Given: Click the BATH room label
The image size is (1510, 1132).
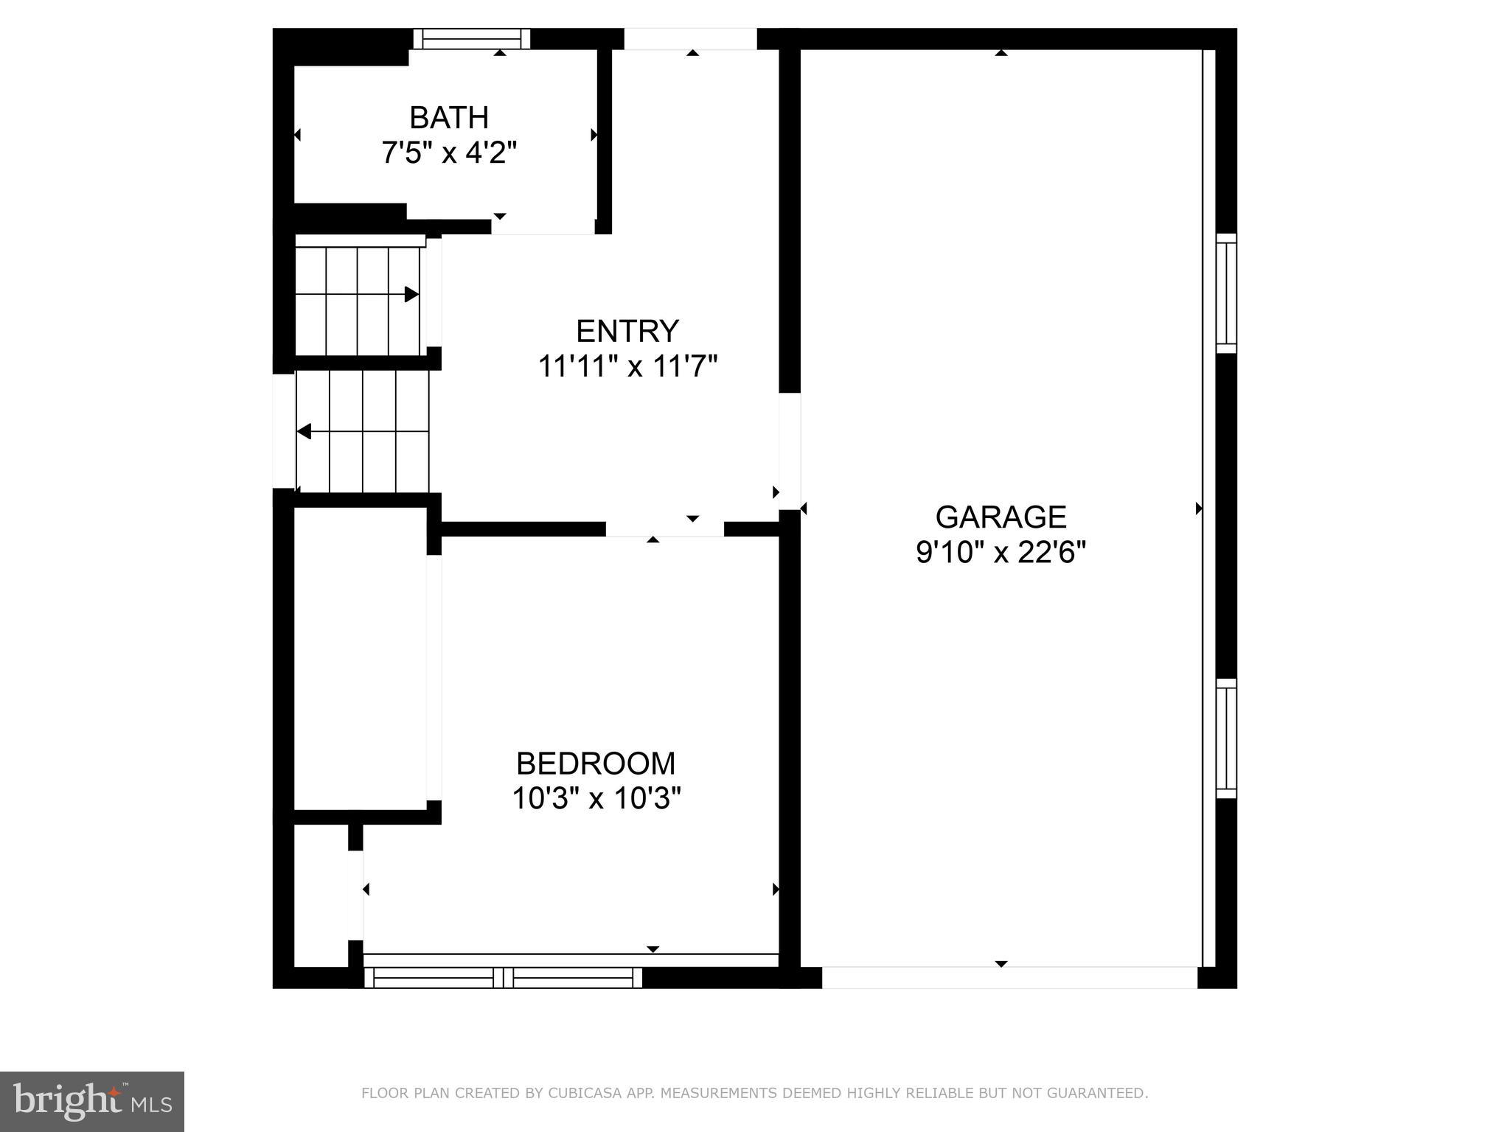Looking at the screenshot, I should click(x=448, y=118).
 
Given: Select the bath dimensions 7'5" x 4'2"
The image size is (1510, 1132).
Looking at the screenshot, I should click(x=448, y=153).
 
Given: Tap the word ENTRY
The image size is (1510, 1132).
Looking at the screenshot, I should click(x=627, y=332).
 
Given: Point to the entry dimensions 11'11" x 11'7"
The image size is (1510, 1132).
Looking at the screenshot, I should click(x=627, y=366).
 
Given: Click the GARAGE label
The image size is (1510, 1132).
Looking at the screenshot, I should click(x=1001, y=517).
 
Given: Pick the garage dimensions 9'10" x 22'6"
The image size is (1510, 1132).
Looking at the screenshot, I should click(x=1001, y=552).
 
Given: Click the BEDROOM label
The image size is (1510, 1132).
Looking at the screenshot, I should click(x=596, y=764).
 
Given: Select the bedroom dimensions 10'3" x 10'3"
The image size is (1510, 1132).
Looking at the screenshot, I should click(x=596, y=798).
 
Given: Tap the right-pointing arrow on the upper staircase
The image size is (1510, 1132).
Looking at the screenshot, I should click(x=411, y=295).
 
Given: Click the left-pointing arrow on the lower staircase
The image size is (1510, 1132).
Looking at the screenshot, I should click(x=305, y=432).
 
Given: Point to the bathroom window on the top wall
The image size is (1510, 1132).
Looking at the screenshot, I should click(x=471, y=38).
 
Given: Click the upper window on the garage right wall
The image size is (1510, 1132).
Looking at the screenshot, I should click(x=1225, y=293).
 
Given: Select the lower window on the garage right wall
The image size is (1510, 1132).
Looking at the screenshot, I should click(x=1225, y=738).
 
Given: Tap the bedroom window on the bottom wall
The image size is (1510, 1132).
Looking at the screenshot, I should click(x=503, y=977).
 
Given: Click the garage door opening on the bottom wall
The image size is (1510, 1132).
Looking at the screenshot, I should click(x=1009, y=978).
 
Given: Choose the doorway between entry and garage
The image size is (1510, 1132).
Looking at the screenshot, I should click(x=790, y=451).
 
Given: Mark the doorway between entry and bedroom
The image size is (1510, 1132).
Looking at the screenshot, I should click(x=664, y=529).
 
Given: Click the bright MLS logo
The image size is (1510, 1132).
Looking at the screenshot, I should click(x=92, y=1101).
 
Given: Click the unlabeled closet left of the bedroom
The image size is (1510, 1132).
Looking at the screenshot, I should click(x=361, y=658).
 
